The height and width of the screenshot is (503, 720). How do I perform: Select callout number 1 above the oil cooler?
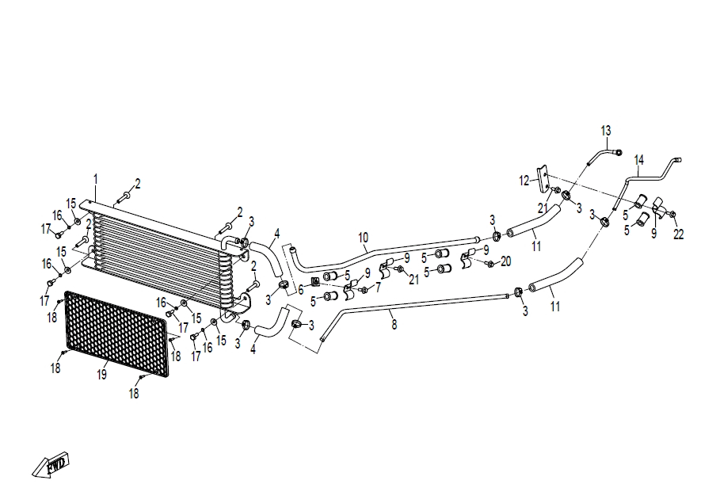click(x=96, y=179)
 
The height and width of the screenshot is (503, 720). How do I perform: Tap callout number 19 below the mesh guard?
click(x=102, y=375)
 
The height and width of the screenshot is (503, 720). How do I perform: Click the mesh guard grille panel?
click(x=116, y=333)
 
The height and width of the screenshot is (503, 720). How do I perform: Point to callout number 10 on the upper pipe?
click(x=363, y=238)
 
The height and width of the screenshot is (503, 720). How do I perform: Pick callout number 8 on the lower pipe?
click(x=394, y=325)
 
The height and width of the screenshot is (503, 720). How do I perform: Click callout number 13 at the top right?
click(x=606, y=131)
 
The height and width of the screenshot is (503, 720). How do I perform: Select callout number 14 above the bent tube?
click(x=638, y=160)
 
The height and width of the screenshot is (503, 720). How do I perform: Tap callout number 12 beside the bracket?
click(x=524, y=181)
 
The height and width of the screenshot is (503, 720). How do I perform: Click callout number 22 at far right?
click(x=678, y=234)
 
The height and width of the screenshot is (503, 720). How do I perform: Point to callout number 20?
click(x=505, y=261)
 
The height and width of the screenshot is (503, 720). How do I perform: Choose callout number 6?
click(x=301, y=291)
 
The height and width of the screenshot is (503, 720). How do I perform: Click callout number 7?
click(x=378, y=288)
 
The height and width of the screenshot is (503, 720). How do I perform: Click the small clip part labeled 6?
click(x=315, y=281)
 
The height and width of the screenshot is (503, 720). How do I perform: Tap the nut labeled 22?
click(x=672, y=214)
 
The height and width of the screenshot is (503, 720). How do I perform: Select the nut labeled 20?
click(x=490, y=264)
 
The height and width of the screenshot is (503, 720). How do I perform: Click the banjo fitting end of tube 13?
click(x=618, y=153)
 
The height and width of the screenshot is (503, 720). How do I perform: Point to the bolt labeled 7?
click(x=364, y=291)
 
